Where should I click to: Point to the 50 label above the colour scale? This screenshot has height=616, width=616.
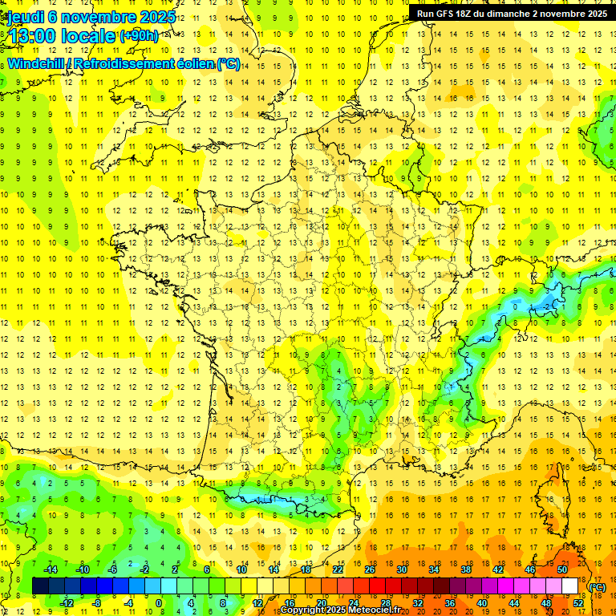coord(562,569)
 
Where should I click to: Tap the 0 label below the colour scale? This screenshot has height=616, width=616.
coord(158,603)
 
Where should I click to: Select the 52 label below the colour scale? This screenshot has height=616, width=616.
coord(578,603)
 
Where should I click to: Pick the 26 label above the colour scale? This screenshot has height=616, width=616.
coord(370,569)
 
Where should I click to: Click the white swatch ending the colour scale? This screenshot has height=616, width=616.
coord(570,586)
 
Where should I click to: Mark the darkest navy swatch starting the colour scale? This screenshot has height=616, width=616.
coord(40,586)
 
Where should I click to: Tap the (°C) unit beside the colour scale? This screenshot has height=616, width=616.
coord(597,586)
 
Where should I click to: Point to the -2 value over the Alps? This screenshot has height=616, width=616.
coord(546,306)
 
